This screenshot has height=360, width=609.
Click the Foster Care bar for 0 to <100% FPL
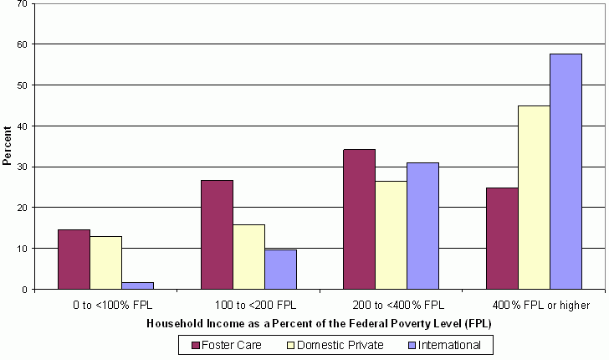[74, 260]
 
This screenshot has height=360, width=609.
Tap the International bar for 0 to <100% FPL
[137, 285]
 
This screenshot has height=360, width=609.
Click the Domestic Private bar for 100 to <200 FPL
[248, 257]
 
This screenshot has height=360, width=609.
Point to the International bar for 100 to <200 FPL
[280, 270]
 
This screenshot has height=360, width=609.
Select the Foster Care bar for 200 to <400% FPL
[360, 219]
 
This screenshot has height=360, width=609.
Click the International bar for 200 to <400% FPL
[423, 226]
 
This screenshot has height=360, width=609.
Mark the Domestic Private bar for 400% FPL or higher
[535, 198]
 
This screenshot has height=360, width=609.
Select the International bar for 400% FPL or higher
[566, 172]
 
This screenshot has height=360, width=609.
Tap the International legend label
[451, 344]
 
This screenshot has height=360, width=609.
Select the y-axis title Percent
[8, 145]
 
